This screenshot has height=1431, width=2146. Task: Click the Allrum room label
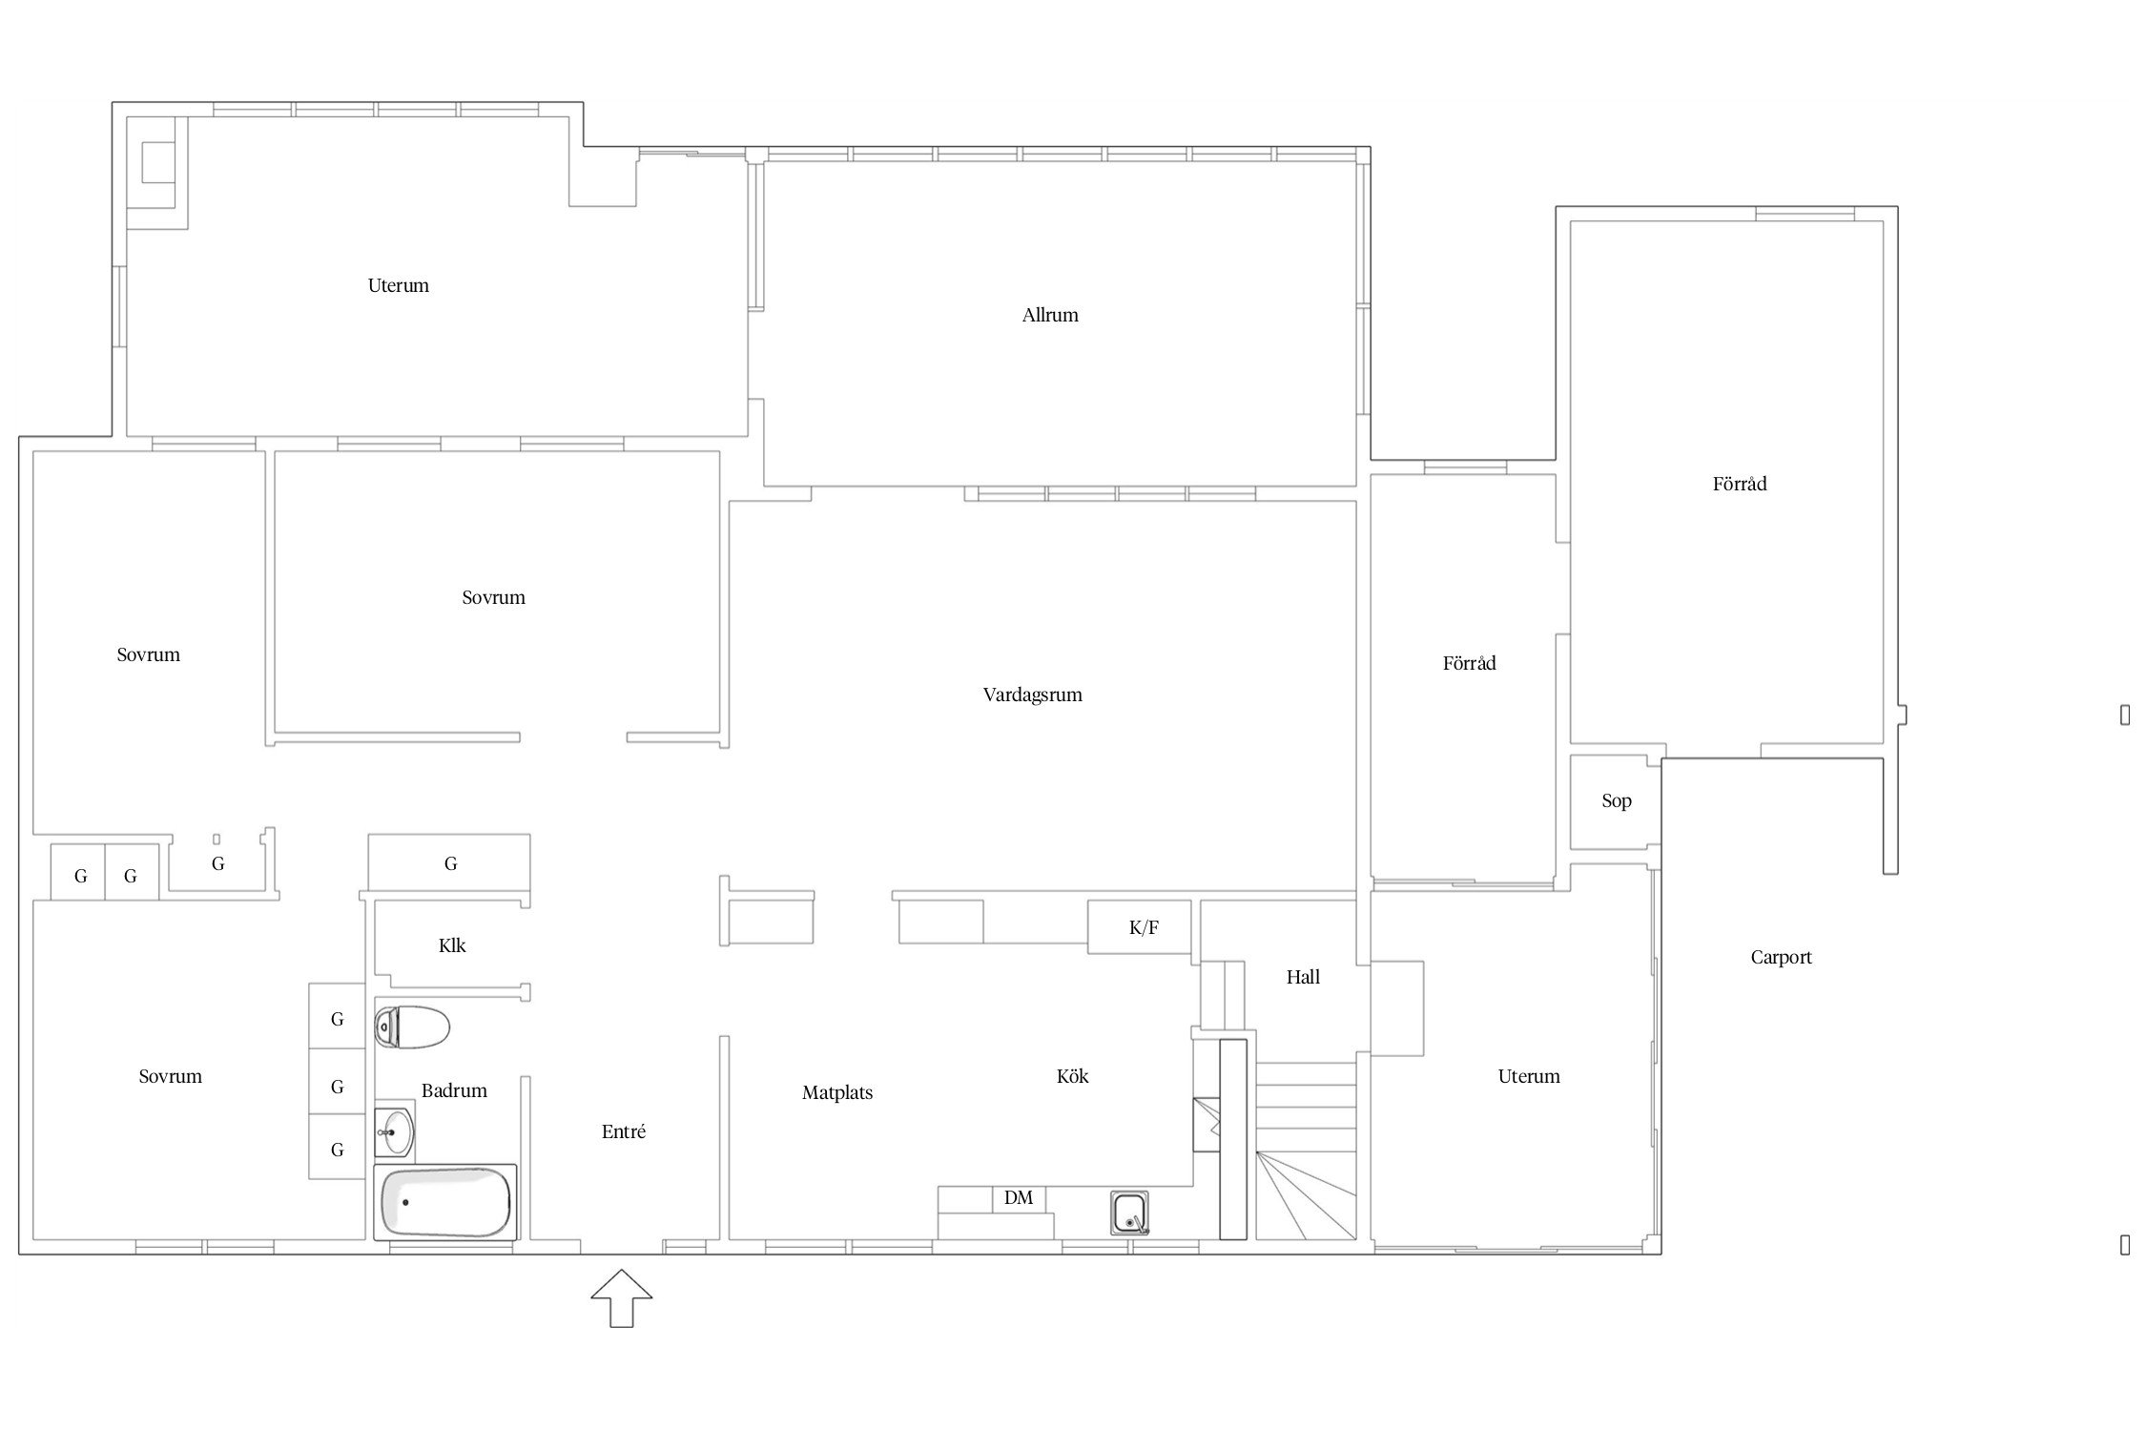click(x=1050, y=316)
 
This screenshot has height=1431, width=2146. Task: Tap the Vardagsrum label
click(x=1032, y=695)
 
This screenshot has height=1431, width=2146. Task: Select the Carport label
click(x=1781, y=958)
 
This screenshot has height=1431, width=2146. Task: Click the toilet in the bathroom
click(x=412, y=1027)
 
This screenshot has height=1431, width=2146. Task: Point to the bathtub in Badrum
click(x=445, y=1203)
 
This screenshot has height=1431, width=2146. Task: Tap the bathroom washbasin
click(x=394, y=1132)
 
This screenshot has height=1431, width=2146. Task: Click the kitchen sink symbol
click(x=1129, y=1213)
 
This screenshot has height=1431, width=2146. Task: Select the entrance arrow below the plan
click(x=622, y=1297)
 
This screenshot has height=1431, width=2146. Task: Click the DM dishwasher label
click(x=1019, y=1198)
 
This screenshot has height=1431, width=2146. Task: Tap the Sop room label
click(x=1617, y=801)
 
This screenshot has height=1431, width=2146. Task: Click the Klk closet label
click(x=452, y=945)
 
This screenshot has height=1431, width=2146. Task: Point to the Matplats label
click(x=837, y=1093)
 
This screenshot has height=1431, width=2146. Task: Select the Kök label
click(x=1072, y=1076)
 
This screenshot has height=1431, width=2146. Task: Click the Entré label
click(x=624, y=1131)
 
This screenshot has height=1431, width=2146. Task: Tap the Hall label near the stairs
click(x=1303, y=977)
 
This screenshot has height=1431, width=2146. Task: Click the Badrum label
click(x=454, y=1090)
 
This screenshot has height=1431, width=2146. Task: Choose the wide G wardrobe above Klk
click(x=449, y=862)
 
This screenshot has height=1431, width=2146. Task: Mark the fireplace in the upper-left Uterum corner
click(x=157, y=172)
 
